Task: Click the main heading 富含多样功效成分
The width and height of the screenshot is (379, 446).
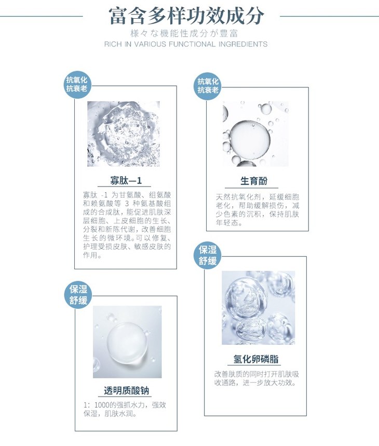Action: (186, 16)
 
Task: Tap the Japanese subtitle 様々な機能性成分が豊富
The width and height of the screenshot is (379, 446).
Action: (184, 33)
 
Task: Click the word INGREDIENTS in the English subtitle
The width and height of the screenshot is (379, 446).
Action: (243, 44)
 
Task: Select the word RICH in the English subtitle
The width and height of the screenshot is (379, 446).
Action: (113, 44)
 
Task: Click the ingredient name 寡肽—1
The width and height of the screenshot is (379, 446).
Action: (126, 180)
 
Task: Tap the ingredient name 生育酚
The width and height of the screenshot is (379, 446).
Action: (254, 181)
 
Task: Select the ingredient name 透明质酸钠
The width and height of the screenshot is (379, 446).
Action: (126, 390)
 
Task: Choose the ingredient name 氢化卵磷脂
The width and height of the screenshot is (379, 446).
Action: (256, 359)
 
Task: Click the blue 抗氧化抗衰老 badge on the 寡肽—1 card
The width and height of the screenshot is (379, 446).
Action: (77, 84)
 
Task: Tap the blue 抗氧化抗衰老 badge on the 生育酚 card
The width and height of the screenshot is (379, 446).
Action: (208, 86)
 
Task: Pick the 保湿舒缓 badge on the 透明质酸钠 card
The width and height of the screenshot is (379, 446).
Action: (78, 295)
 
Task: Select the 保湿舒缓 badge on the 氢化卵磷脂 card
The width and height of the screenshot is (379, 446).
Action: (208, 255)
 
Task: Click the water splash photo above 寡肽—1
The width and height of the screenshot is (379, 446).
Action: (124, 134)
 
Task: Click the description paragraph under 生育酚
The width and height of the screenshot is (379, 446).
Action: (258, 209)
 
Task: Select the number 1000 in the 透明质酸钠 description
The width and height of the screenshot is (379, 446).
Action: (101, 405)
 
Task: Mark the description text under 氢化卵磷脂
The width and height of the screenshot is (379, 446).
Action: (256, 378)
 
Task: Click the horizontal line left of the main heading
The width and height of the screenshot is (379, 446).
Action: (42, 16)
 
